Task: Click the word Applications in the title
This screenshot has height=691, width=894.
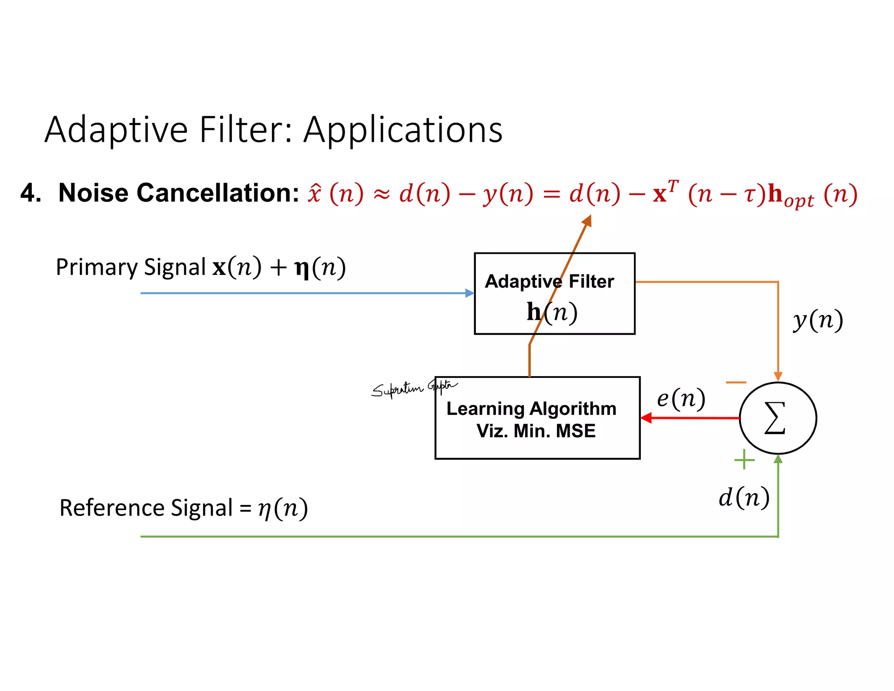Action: pos(402,130)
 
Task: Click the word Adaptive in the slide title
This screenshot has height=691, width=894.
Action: pos(116,130)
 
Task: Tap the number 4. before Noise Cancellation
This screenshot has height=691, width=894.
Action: pos(31,193)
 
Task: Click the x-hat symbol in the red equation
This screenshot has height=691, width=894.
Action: pos(314,193)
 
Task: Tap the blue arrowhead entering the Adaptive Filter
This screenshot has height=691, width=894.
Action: pos(470,293)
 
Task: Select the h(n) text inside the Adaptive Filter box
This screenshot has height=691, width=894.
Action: pos(552,312)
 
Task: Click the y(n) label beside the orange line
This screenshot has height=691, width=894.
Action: pos(818,320)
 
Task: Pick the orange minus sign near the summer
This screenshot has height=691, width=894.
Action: pos(736,383)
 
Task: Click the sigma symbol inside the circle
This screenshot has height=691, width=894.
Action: pos(775,418)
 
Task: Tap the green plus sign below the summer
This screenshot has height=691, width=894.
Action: pos(744,460)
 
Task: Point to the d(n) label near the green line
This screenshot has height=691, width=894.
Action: pos(744,497)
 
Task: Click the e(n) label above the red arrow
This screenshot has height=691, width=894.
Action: pos(681,398)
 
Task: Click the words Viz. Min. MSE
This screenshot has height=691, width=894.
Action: pos(536,431)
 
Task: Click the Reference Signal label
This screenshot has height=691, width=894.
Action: pos(146,508)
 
